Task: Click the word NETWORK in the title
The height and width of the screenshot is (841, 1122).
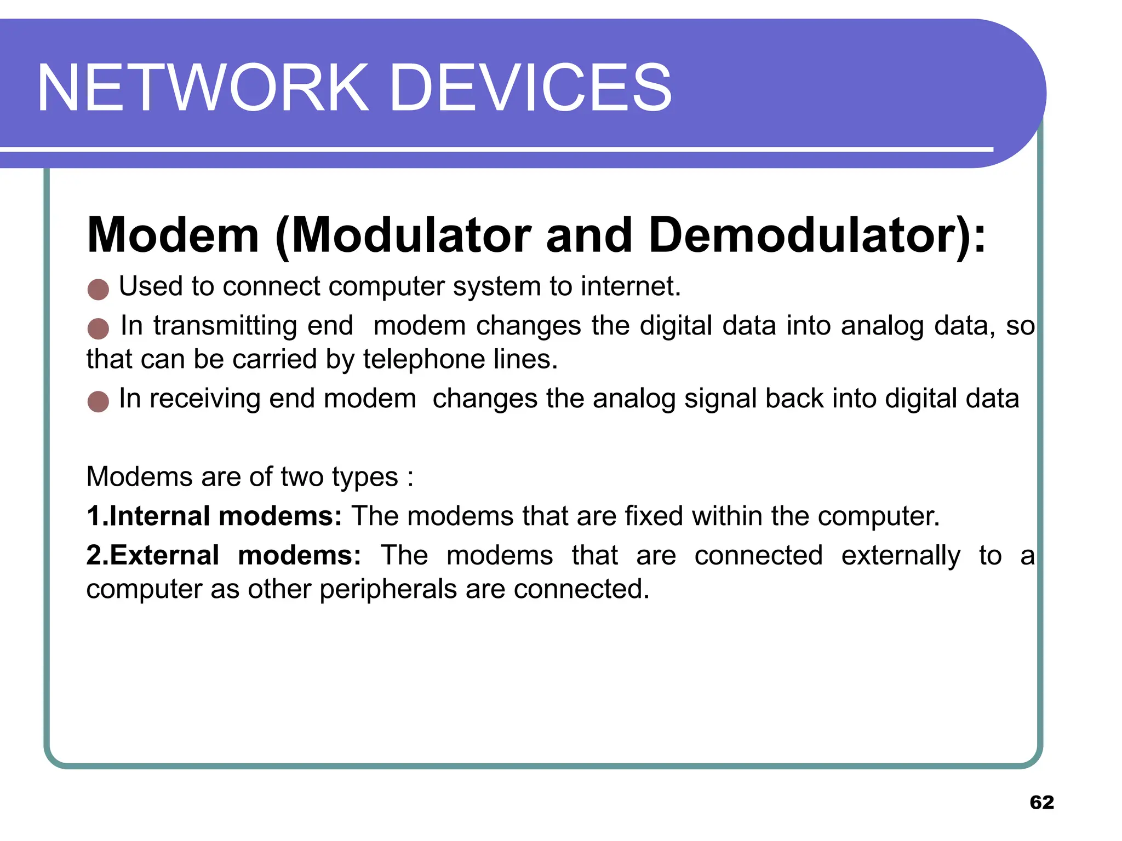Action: [203, 88]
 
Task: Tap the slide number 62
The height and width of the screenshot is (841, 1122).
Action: [1041, 802]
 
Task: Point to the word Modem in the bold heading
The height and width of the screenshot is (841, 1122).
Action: [173, 235]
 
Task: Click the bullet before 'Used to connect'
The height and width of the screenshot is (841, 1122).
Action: [98, 289]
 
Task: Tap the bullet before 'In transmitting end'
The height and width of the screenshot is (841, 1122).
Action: [98, 329]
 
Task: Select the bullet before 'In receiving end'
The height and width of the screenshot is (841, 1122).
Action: [98, 401]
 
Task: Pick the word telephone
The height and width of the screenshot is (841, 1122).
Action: [423, 360]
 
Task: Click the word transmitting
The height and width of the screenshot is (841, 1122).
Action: [225, 326]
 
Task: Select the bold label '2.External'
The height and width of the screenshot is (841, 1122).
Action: [153, 556]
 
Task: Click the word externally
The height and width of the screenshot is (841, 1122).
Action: [901, 556]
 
